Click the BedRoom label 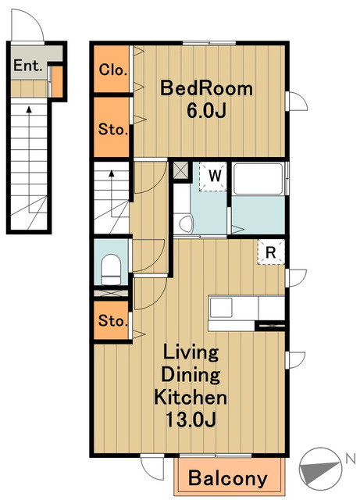(x=206, y=88)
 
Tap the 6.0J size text (x=206, y=111)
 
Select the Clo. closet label (x=113, y=70)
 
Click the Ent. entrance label (x=28, y=66)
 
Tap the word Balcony (x=228, y=478)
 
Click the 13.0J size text (x=191, y=420)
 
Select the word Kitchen (x=191, y=397)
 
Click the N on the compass (x=351, y=459)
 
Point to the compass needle (x=319, y=470)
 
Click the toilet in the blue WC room (x=111, y=269)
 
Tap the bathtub (x=258, y=179)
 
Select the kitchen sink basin (x=221, y=307)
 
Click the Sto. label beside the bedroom (x=113, y=130)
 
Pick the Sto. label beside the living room (x=113, y=320)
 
